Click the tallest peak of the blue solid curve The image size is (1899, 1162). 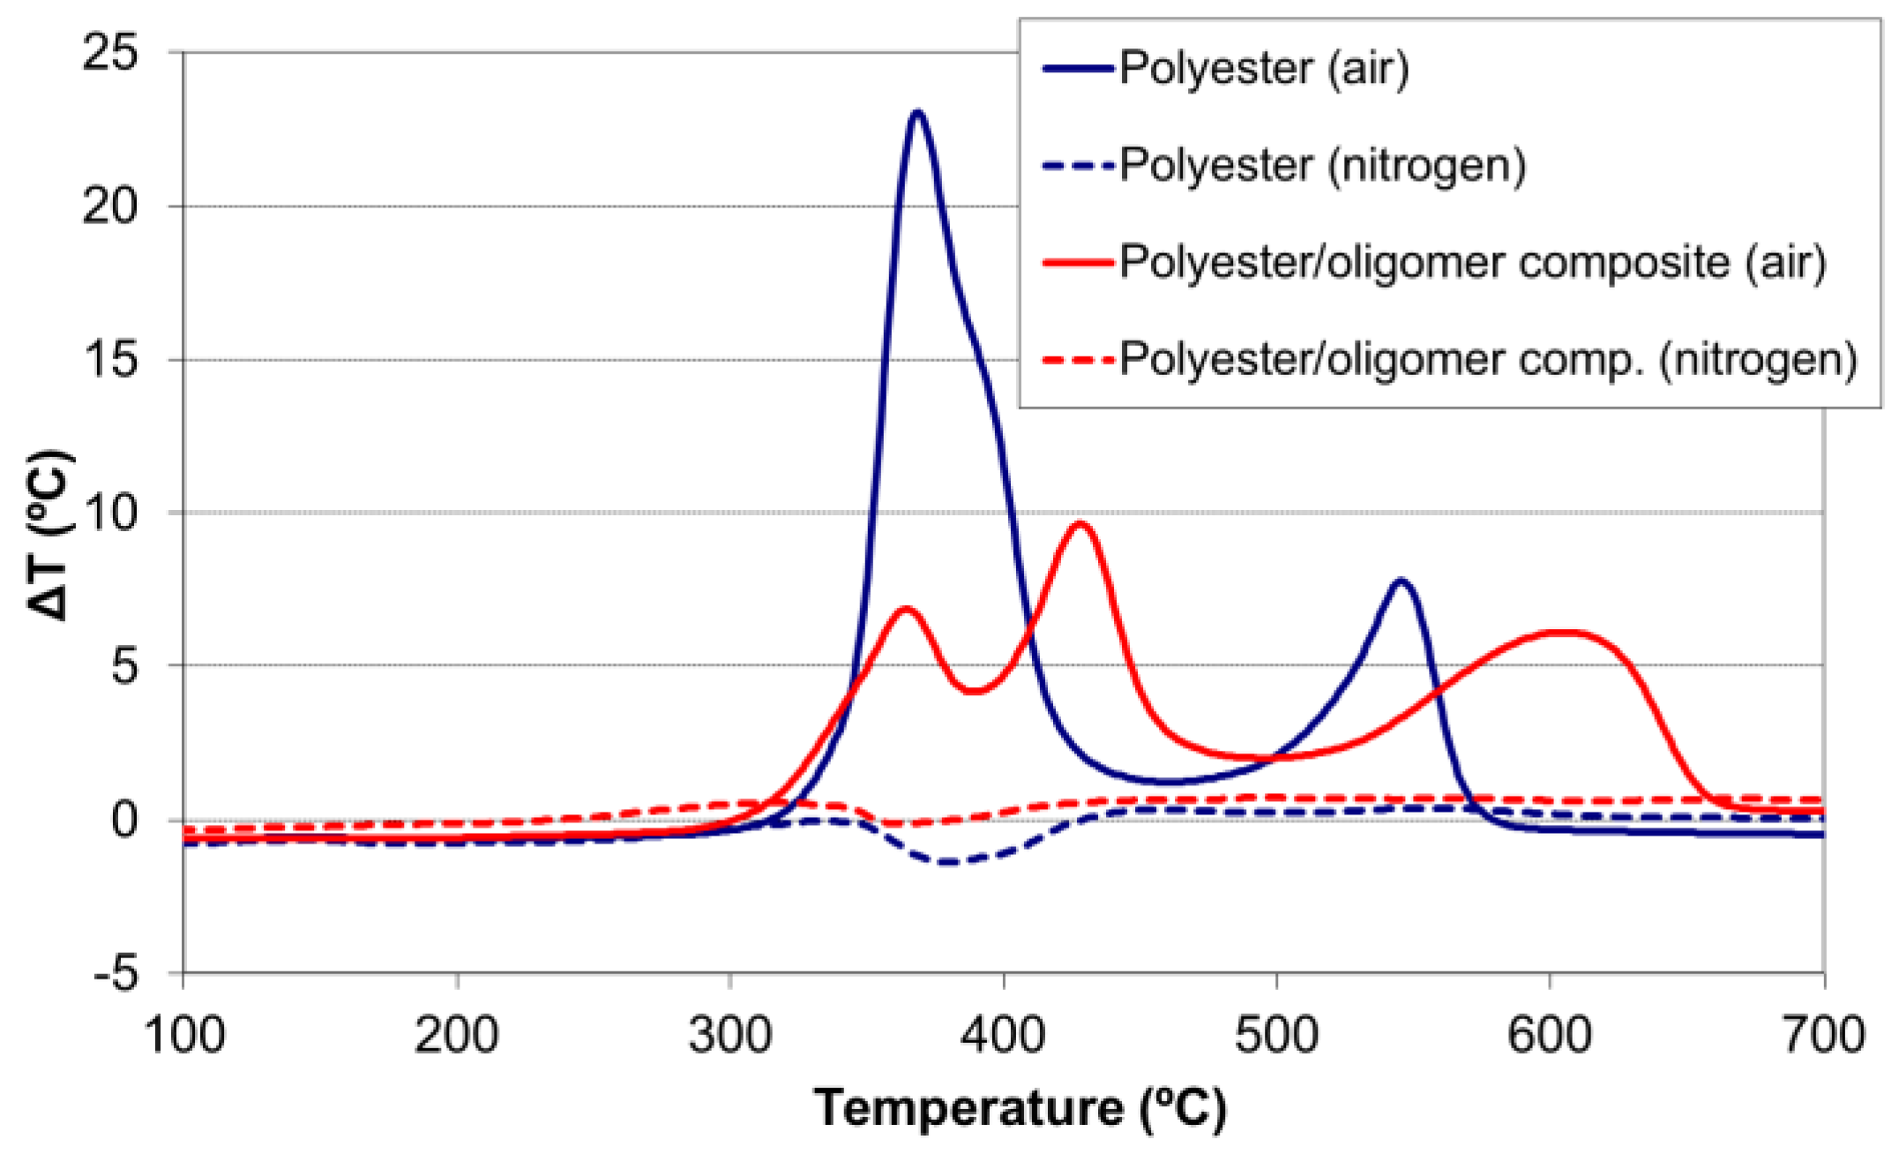(x=917, y=113)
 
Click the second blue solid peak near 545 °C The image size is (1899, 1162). (x=1401, y=581)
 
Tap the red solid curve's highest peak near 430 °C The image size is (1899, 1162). (x=1080, y=524)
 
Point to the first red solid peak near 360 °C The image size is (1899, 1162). (x=905, y=609)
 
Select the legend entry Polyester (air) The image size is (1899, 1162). (x=1263, y=68)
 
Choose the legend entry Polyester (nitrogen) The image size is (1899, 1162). (x=1321, y=165)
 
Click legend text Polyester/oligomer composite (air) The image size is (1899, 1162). (x=1471, y=262)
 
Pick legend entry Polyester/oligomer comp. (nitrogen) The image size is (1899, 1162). (x=1487, y=359)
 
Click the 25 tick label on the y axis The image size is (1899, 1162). (x=110, y=53)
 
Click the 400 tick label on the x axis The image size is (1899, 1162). (x=1004, y=1034)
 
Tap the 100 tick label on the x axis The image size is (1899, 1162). (x=183, y=1034)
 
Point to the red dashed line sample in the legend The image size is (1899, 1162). (x=1078, y=360)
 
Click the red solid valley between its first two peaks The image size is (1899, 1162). (x=972, y=691)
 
